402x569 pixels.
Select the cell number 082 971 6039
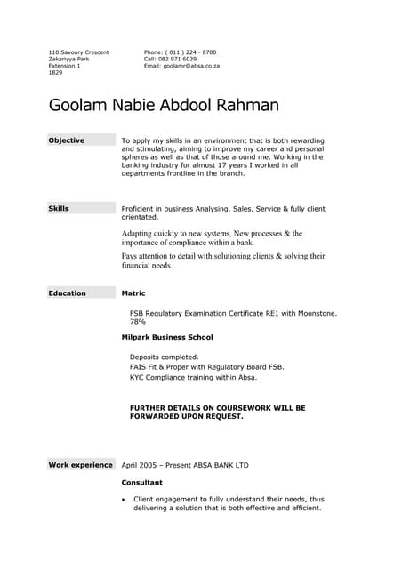[183, 60]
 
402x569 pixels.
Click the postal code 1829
[55, 73]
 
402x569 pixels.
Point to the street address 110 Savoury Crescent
[78, 52]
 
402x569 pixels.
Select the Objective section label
[66, 140]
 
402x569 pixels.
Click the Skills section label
[59, 209]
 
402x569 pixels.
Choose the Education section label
[67, 293]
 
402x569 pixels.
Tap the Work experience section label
[80, 465]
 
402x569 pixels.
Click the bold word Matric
[133, 293]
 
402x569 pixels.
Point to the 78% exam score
[138, 322]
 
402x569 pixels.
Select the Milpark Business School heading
[167, 338]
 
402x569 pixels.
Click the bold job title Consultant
[142, 482]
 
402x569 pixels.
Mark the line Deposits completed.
[165, 357]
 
